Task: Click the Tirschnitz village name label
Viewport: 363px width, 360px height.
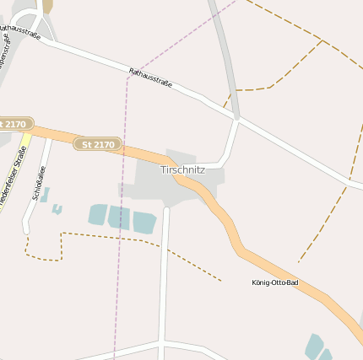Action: (x=182, y=169)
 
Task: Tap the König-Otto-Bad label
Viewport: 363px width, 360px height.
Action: (x=274, y=282)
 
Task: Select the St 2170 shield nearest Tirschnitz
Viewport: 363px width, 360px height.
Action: (x=97, y=144)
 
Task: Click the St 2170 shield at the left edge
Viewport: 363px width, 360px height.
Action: (x=14, y=124)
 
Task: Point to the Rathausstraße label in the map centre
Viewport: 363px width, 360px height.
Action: (x=150, y=78)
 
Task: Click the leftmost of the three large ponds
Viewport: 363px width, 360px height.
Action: (x=98, y=215)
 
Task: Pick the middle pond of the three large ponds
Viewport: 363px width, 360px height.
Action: (x=118, y=218)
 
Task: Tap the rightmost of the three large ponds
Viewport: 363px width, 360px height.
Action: (x=144, y=222)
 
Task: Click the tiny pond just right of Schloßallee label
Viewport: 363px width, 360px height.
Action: (x=57, y=208)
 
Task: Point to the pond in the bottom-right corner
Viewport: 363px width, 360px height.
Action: (x=316, y=347)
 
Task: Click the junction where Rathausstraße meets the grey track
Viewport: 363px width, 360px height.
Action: (x=237, y=121)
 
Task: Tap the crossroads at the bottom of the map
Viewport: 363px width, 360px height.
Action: (x=161, y=342)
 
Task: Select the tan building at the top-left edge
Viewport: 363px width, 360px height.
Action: (x=47, y=6)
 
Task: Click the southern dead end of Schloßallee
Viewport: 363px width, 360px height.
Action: (x=25, y=231)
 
